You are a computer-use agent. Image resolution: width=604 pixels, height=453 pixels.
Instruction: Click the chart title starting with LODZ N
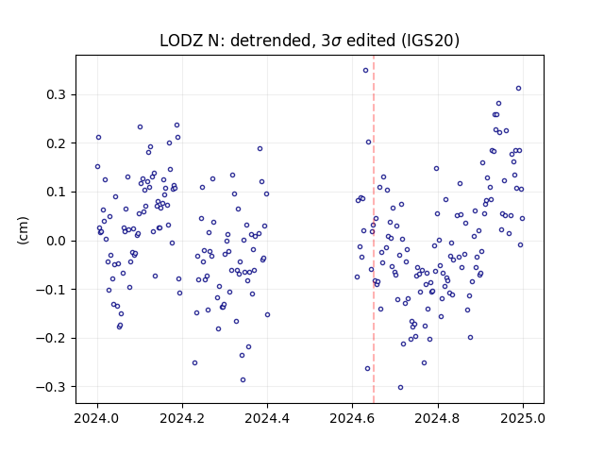pos(310,40)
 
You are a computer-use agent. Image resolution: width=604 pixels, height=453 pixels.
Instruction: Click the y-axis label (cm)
pos(23,230)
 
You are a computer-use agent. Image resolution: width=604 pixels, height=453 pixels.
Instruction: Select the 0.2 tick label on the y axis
pos(57,143)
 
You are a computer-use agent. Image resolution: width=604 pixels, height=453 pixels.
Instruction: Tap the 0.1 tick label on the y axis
pos(57,192)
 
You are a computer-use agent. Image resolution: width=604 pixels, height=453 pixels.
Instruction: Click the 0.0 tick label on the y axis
pos(57,241)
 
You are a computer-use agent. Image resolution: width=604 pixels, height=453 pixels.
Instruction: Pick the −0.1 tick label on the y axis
pos(52,290)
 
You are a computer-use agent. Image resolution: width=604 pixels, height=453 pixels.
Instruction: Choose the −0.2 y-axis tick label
pos(52,338)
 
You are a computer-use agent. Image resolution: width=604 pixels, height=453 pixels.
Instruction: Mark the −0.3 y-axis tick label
pos(52,387)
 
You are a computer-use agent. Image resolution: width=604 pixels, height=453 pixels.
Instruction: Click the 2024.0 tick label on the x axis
pos(97,418)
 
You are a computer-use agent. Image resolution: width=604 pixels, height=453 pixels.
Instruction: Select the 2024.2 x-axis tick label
pos(182,418)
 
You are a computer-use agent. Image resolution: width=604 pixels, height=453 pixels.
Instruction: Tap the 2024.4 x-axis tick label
pos(267,418)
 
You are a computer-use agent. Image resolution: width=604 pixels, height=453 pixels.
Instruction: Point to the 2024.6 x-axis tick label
pos(352,418)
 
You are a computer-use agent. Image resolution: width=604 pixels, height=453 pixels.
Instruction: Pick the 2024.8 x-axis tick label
pos(438,418)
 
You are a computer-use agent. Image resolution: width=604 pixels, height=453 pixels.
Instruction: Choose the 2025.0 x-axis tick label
pos(523,418)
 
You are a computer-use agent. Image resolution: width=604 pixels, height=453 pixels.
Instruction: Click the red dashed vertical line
pos(374,229)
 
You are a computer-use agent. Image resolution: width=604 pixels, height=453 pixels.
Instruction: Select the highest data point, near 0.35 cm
pos(365,71)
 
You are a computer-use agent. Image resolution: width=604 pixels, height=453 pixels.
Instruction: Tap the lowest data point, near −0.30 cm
pos(400,388)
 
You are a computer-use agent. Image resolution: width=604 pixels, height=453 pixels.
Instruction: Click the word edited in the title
pos(371,40)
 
